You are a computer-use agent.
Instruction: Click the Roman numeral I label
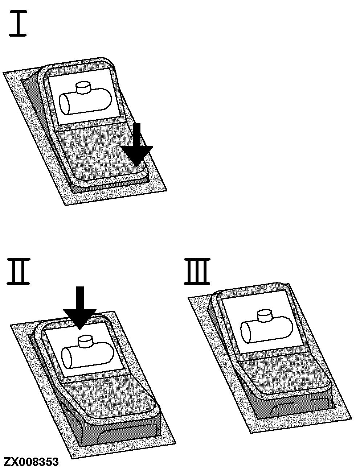[x=18, y=23]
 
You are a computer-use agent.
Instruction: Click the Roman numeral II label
[x=18, y=272]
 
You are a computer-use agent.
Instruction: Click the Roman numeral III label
[x=197, y=272]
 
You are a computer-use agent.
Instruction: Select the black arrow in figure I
[x=137, y=145]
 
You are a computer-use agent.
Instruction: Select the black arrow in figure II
[x=80, y=308]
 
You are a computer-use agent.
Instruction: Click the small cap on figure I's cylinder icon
[x=83, y=87]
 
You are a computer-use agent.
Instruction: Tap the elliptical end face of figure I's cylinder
[x=64, y=104]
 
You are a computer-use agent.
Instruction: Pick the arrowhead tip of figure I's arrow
[x=136, y=166]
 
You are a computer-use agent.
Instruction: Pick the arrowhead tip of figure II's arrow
[x=80, y=329]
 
